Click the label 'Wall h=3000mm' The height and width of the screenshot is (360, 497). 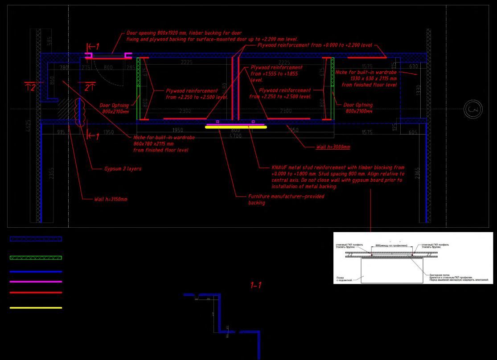(333, 147)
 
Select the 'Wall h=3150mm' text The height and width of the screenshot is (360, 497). (110, 199)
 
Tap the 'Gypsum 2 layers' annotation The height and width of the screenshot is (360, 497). (123, 169)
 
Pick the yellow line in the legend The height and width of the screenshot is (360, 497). (36, 307)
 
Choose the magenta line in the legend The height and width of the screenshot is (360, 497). (36, 282)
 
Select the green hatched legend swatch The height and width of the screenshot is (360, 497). (36, 258)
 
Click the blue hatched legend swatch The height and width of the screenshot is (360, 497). (36, 239)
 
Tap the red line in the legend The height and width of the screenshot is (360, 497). (36, 293)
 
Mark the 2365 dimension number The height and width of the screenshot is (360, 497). (417, 172)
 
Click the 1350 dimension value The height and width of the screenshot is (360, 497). (108, 132)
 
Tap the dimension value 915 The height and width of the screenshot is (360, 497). (61, 132)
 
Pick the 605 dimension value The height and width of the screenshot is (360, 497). (413, 132)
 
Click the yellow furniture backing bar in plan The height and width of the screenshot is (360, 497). (235, 127)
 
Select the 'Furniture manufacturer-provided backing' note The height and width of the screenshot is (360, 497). (286, 199)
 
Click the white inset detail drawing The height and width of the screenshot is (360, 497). (413, 258)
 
